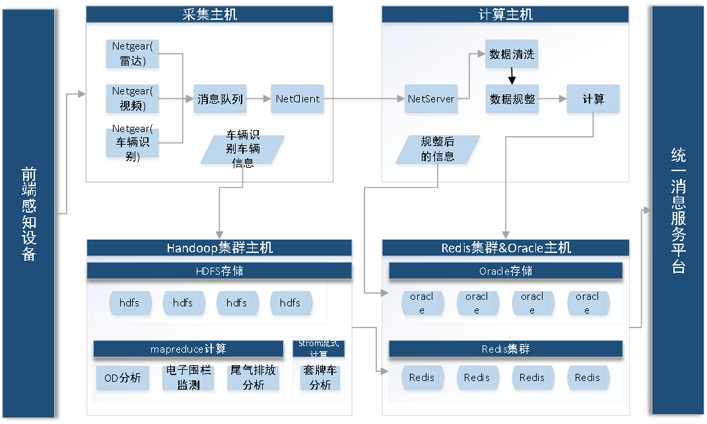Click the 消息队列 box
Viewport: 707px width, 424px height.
[220, 99]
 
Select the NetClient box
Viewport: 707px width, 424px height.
[298, 99]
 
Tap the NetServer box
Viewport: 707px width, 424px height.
[431, 99]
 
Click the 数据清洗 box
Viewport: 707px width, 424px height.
[512, 55]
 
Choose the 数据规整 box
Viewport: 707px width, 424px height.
[512, 99]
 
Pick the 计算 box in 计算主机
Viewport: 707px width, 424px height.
[593, 99]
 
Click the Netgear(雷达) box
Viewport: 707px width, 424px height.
[132, 54]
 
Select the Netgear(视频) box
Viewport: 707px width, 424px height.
[132, 98]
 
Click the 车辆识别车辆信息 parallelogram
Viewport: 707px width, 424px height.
[242, 150]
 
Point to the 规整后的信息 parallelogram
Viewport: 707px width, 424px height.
[438, 149]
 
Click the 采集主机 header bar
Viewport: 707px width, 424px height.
[209, 15]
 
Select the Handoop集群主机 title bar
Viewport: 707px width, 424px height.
[219, 248]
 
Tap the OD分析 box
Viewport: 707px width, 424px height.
[123, 378]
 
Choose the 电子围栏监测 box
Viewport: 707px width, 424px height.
[188, 378]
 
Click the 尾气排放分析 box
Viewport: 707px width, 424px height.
[253, 378]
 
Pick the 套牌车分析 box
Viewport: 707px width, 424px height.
[320, 378]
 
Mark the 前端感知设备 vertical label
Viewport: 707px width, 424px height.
[28, 213]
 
